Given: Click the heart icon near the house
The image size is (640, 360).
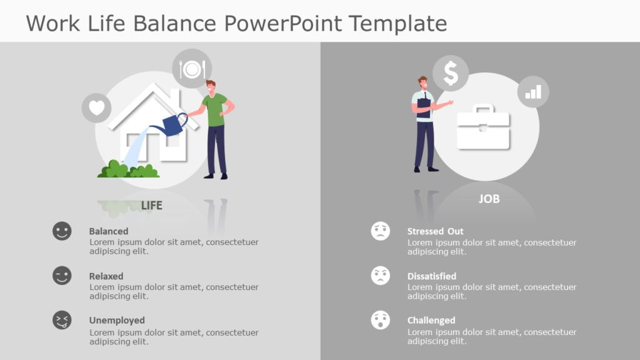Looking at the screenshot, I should coord(96,108).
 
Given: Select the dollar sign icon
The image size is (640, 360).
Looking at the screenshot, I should coord(451,74).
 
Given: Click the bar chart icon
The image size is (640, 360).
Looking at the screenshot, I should coord(533,91).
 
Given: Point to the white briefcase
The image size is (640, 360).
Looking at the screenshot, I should coord(483,128).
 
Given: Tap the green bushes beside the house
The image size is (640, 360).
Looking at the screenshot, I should coord(128,169).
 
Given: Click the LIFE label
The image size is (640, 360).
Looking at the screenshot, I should coord(151,205).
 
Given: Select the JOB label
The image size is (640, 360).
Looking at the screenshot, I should coord(489,199).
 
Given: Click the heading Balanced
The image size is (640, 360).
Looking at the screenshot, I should coord(109,231).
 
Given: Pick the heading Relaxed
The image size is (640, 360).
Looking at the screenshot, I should coord(106,276).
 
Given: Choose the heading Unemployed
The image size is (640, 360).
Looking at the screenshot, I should coord(117,321).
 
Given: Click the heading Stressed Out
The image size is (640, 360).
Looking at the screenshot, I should coord(436,231).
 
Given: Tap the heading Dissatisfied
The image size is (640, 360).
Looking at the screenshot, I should coord(432,276).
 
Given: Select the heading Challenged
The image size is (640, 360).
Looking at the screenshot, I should coord(431,321).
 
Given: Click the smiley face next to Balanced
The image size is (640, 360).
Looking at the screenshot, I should coord(62,231).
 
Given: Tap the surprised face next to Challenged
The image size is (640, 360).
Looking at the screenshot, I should coord(380,320).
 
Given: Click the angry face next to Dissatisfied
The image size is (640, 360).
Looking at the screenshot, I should coord(380,276).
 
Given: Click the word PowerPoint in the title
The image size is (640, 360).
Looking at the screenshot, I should coord(283,23).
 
